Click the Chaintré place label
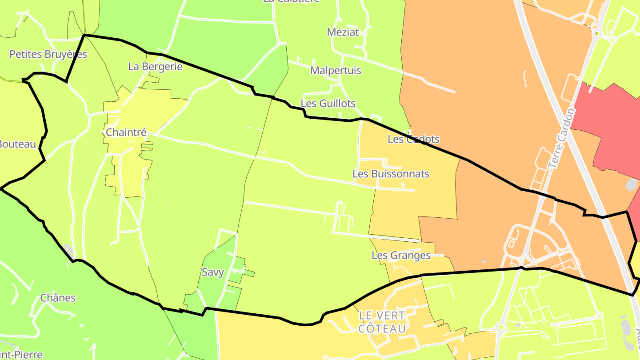126,132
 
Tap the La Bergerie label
155,67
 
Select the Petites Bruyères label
48,54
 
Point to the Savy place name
213,272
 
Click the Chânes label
58,298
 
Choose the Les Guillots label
328,104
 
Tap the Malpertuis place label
336,70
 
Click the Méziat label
343,32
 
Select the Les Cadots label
413,139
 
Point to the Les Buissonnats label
391,174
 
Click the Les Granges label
401,255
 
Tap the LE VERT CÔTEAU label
382,322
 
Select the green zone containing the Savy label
218,289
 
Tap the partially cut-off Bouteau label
17,144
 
